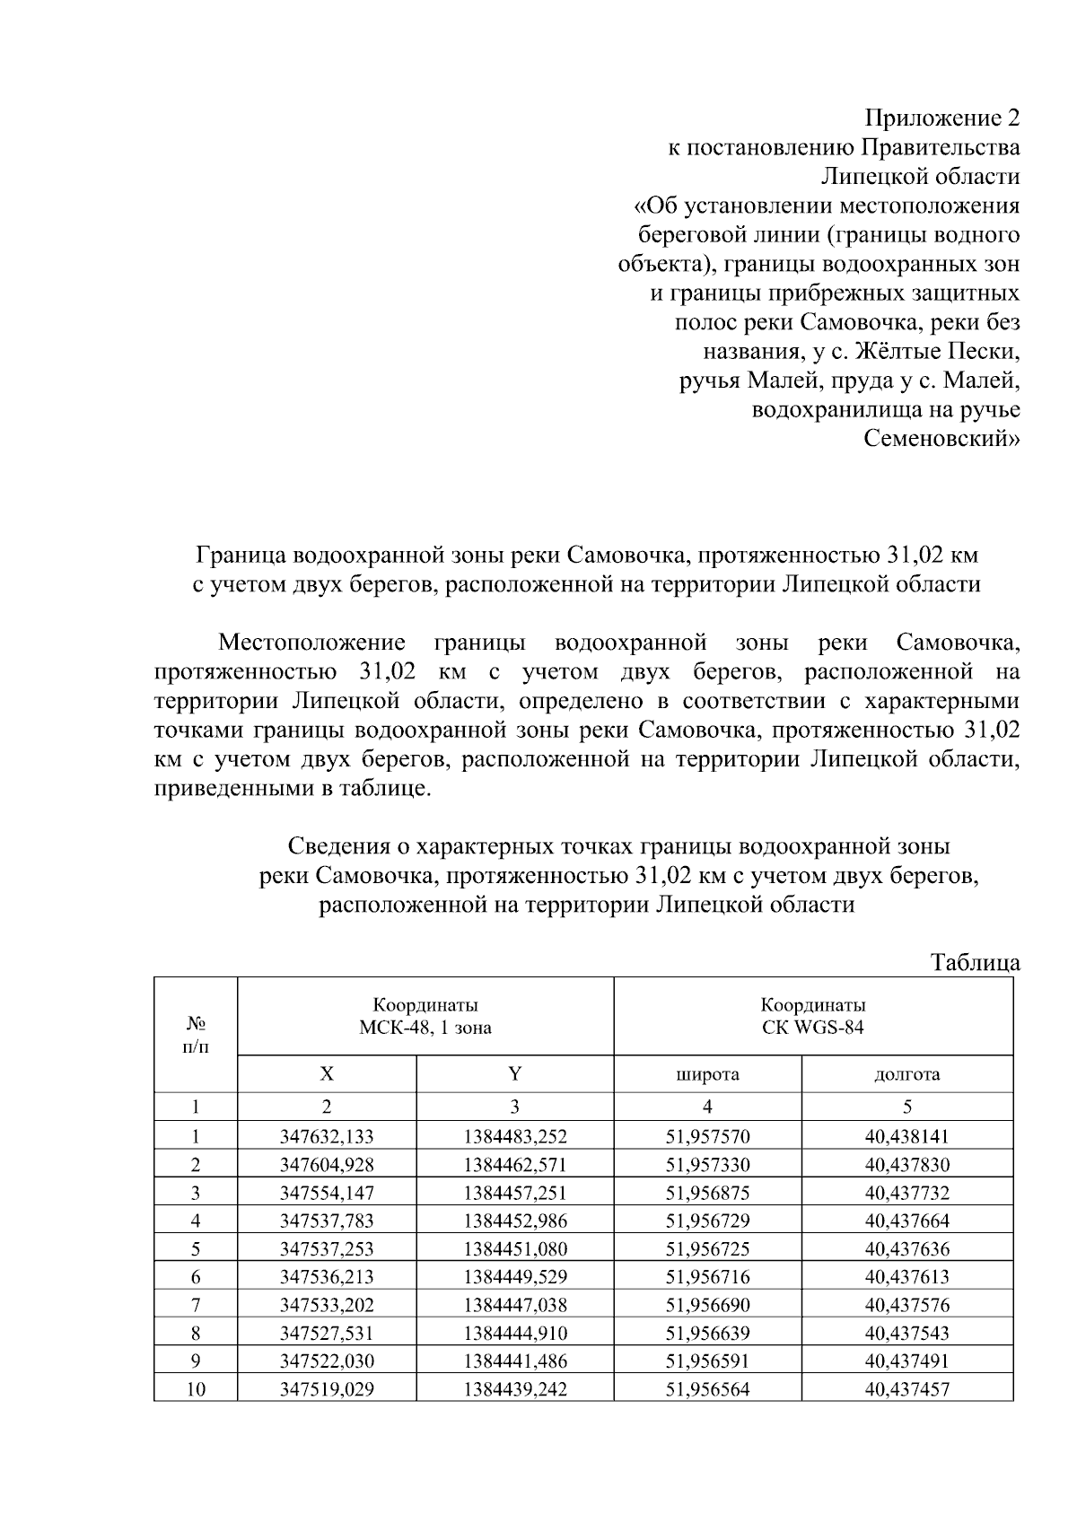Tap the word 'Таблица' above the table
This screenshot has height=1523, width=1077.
(976, 963)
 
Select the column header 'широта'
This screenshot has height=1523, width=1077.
(707, 1074)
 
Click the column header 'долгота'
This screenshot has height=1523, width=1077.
(906, 1074)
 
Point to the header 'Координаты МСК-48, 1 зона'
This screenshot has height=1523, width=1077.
(425, 1016)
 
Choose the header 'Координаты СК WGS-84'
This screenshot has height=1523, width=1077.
(813, 1016)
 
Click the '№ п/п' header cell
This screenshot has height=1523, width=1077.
(196, 1036)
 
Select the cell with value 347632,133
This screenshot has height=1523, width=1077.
(327, 1136)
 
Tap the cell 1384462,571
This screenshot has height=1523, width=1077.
(515, 1165)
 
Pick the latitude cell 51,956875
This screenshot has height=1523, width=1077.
(707, 1193)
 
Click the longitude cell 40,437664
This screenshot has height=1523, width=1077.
(906, 1221)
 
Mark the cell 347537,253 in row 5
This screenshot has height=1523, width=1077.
(327, 1248)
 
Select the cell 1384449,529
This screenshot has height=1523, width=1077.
(515, 1276)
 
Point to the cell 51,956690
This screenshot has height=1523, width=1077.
(707, 1305)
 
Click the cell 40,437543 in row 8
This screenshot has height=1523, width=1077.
(906, 1333)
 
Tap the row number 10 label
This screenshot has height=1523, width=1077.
(196, 1389)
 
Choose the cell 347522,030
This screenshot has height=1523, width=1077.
(327, 1361)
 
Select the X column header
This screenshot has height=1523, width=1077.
(327, 1074)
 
